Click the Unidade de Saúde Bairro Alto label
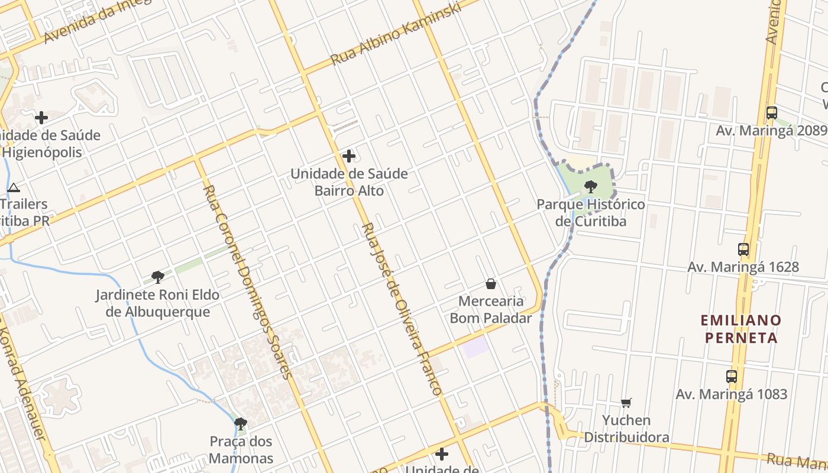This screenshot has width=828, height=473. tap(349, 182)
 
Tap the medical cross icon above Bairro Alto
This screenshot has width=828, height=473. tap(349, 156)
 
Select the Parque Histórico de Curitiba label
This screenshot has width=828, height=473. tap(590, 213)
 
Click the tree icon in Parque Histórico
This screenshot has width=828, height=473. tap(590, 187)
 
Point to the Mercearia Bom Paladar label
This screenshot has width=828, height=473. tap(491, 309)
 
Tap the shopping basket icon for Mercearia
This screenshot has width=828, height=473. tap(491, 284)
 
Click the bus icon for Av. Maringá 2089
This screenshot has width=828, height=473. tap(771, 112)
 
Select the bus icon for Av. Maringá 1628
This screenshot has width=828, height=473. tap(743, 249)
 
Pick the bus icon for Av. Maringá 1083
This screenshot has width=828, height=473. tap(732, 376)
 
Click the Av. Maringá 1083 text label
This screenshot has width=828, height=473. tap(732, 394)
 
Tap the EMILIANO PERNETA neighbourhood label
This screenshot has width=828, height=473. tap(741, 329)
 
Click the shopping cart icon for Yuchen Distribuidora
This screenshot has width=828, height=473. tap(626, 403)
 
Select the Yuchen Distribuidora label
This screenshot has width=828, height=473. tap(626, 429)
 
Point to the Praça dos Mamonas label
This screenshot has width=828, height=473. tap(241, 449)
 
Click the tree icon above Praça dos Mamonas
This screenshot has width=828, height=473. tap(240, 423)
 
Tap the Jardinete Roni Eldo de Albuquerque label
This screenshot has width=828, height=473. tap(157, 303)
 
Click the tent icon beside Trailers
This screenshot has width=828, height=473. tap(14, 188)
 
